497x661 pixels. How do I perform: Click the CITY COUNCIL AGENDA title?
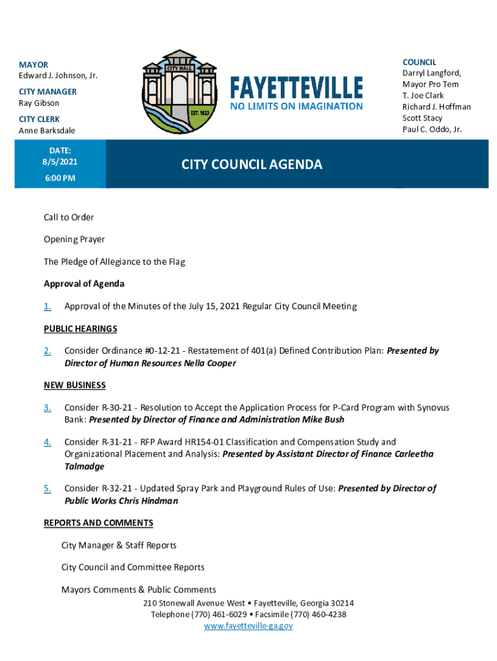[x=251, y=165]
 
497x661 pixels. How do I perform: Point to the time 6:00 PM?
[x=60, y=178]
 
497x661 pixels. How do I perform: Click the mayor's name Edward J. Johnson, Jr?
[x=58, y=76]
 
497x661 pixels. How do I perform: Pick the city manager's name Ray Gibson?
[x=39, y=103]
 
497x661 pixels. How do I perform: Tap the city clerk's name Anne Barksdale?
[x=47, y=130]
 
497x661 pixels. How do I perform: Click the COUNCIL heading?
[x=419, y=62]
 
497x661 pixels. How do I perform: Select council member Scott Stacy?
[x=422, y=118]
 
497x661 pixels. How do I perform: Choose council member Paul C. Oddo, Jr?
[x=432, y=129]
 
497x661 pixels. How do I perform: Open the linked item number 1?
[x=48, y=307]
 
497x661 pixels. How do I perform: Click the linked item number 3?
[x=48, y=408]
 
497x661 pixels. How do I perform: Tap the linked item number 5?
[x=48, y=489]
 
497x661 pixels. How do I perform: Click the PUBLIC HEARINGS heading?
[x=80, y=329]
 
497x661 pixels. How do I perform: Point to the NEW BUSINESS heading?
[x=74, y=385]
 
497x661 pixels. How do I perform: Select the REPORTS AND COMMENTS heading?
[x=98, y=523]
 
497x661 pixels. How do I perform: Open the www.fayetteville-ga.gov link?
[x=249, y=626]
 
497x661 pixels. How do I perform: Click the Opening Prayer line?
[x=74, y=239]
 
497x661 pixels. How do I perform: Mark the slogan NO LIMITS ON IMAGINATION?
[x=297, y=106]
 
